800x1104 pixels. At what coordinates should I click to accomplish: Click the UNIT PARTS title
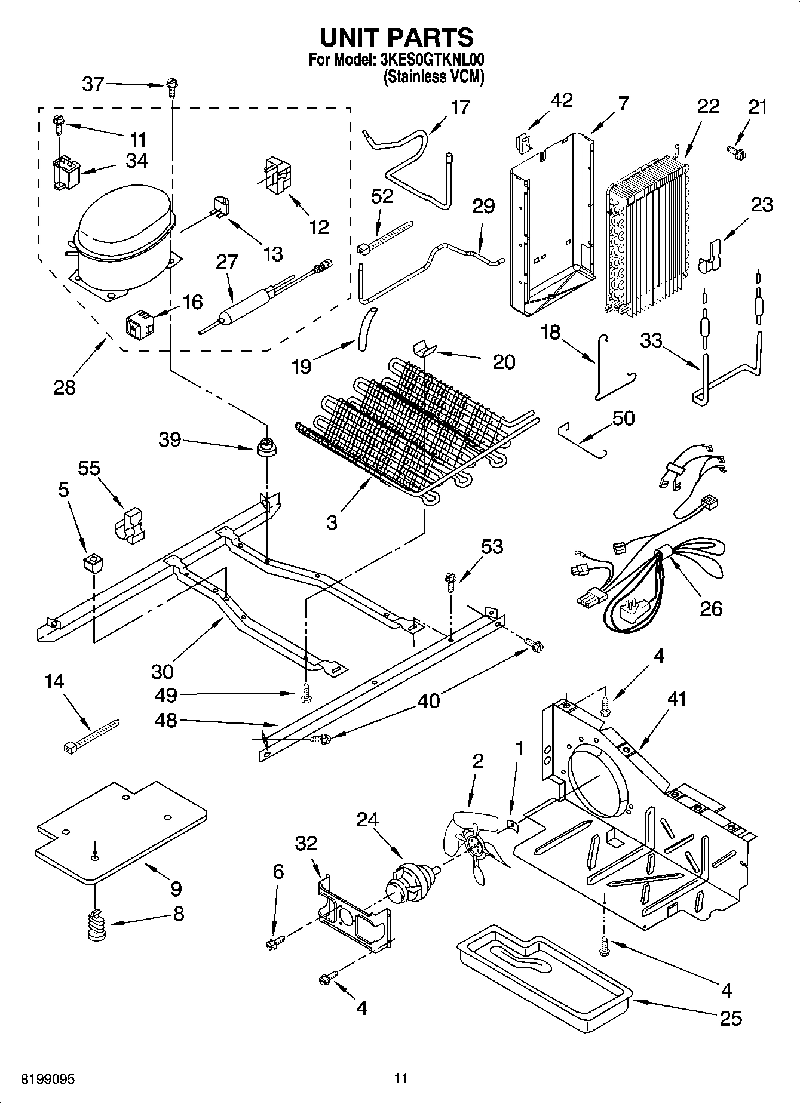pyautogui.click(x=397, y=37)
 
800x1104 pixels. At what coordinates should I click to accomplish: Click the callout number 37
pyautogui.click(x=93, y=84)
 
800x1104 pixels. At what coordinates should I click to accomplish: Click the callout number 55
pyautogui.click(x=90, y=469)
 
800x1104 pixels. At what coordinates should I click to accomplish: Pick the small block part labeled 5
pyautogui.click(x=93, y=562)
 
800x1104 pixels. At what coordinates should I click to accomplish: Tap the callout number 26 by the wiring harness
pyautogui.click(x=711, y=608)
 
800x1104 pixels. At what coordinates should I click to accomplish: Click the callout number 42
pyautogui.click(x=562, y=100)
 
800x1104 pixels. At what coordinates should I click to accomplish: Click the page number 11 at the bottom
pyautogui.click(x=400, y=1078)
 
